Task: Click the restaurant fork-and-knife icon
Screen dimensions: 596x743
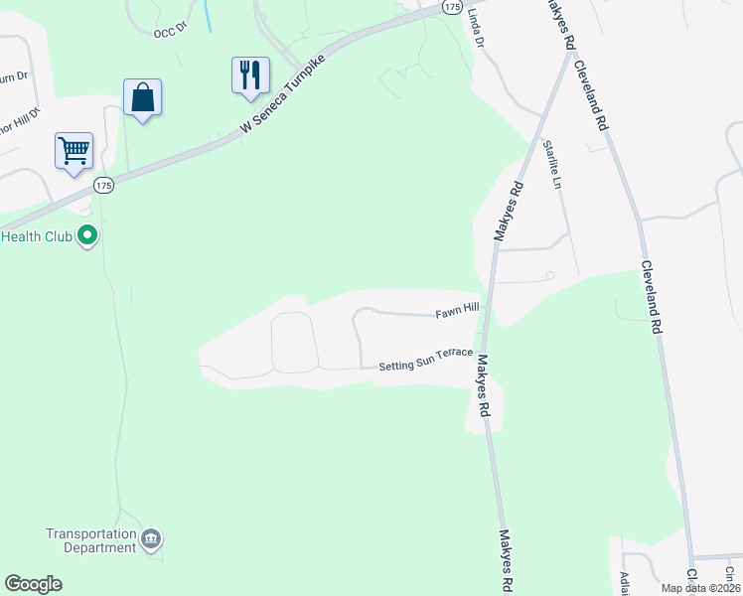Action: coord(250,75)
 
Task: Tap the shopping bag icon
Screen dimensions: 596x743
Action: coord(143,97)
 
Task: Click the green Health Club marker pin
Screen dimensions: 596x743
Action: coord(87,236)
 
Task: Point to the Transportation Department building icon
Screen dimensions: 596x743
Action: coord(151,539)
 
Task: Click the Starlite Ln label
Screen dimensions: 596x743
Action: coord(551,164)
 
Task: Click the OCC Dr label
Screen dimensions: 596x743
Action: coord(170,33)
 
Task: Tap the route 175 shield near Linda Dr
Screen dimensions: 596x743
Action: coord(453,6)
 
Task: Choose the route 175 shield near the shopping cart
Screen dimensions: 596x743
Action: coord(104,186)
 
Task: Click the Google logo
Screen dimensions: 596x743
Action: coord(33,584)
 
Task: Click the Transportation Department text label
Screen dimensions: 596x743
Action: coord(91,540)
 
